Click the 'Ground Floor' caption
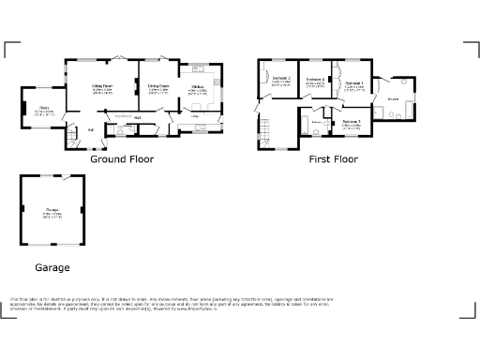pos(122,159)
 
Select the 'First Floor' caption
pos(334,159)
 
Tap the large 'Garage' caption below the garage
pos(52,268)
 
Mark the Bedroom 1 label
pos(353,84)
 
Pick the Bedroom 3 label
pos(352,122)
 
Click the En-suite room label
pos(395,98)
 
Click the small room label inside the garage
pos(52,211)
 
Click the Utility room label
pos(195,116)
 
